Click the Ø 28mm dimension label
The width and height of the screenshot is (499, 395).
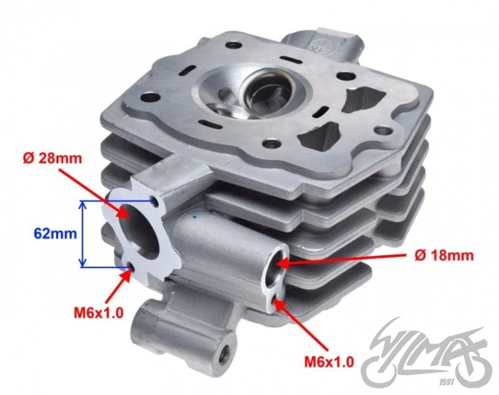coord(53,158)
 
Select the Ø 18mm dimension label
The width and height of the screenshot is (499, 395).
coord(444,255)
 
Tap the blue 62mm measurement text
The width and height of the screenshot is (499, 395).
coord(55,234)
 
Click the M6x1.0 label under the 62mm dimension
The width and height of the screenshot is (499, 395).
coord(98,313)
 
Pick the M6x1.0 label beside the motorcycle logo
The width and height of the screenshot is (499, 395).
coord(329,362)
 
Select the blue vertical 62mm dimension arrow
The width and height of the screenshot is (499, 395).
coord(82,234)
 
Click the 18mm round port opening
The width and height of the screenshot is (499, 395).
coord(276,267)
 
